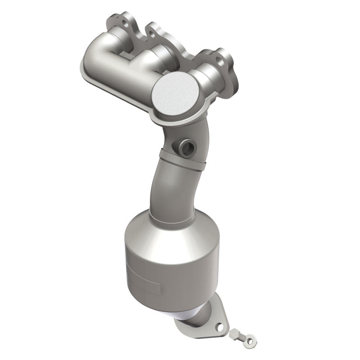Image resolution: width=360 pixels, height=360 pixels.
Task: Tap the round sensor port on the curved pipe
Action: click(x=186, y=146)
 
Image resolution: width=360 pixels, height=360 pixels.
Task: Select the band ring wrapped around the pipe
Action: click(x=182, y=160)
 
